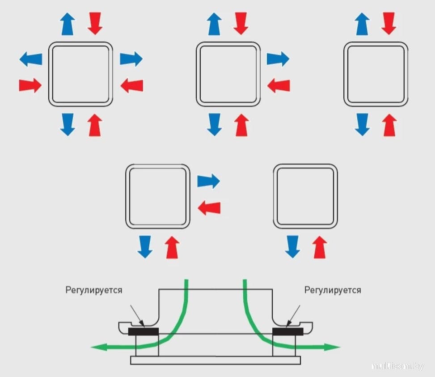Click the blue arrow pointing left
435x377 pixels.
pyautogui.click(x=31, y=59)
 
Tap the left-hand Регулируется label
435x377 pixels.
pyautogui.click(x=94, y=290)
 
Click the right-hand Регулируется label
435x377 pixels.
pyautogui.click(x=333, y=290)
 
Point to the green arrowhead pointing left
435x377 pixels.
pyautogui.click(x=97, y=347)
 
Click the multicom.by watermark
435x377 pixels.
pyautogui.click(x=397, y=366)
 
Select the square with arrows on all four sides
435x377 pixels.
pyautogui.click(x=80, y=74)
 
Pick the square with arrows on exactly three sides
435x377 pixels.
pyautogui.click(x=228, y=74)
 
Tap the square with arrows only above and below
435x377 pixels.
pyautogui.click(x=376, y=74)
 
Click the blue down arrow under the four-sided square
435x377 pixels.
pyautogui.click(x=68, y=125)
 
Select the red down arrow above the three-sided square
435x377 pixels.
pyautogui.click(x=241, y=23)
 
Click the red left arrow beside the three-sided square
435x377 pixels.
pyautogui.click(x=279, y=85)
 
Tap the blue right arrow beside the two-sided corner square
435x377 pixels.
pyautogui.click(x=209, y=181)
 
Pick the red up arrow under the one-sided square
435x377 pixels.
pyautogui.click(x=320, y=248)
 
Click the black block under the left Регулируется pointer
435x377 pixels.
pyautogui.click(x=144, y=331)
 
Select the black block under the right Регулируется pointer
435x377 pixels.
pyautogui.click(x=287, y=331)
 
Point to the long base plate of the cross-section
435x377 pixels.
pyautogui.click(x=215, y=360)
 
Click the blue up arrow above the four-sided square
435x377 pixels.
pyautogui.click(x=68, y=23)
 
